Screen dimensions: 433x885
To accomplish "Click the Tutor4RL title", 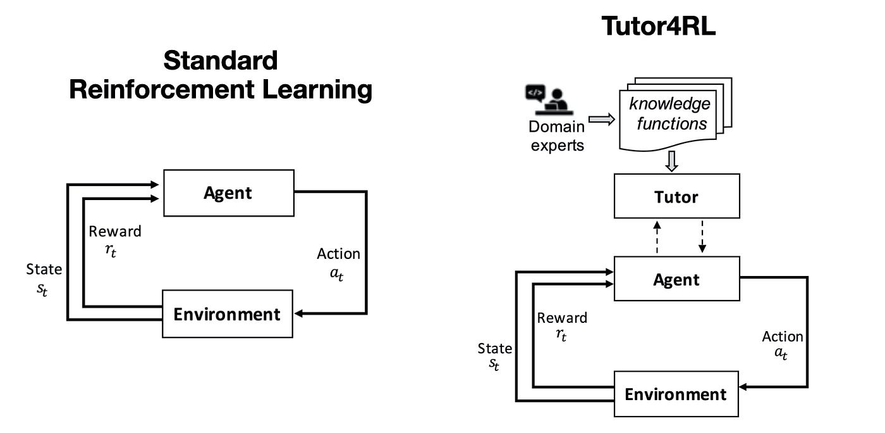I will (658, 26).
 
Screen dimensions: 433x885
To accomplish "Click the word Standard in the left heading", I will (220, 61).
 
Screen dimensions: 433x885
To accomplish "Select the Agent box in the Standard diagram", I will (228, 193).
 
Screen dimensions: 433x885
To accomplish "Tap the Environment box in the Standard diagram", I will (227, 313).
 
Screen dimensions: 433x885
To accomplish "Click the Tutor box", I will (676, 196).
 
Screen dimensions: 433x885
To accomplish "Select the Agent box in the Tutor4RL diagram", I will (676, 279).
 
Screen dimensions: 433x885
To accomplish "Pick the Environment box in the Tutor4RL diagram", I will (676, 394).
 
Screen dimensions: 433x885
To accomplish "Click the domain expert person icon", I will (548, 99).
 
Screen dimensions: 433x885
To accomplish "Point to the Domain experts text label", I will (556, 135).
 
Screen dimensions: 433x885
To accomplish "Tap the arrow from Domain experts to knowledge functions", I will (601, 118).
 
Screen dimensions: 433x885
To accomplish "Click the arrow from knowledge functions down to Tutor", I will (672, 162).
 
